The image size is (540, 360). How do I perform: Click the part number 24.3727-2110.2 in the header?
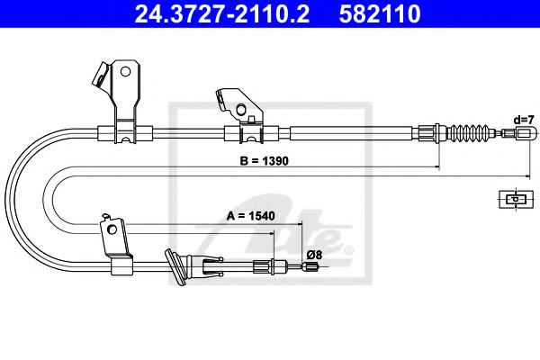coord(221,13)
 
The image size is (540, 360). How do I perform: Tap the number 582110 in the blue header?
coord(380,13)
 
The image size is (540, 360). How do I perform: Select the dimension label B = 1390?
coord(264,160)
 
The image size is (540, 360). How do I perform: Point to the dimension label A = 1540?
coord(251,216)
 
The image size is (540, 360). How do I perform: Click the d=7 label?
coord(524,120)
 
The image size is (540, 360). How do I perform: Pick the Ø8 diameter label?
coord(314,255)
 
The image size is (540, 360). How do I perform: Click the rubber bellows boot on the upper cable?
coord(471,132)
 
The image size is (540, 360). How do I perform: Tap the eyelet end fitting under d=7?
coord(526,132)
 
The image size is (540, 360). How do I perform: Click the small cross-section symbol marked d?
coord(516,199)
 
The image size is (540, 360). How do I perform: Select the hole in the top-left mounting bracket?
coord(125,72)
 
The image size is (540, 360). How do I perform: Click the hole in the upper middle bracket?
coord(241,109)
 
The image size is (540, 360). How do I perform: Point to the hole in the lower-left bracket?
coord(112,229)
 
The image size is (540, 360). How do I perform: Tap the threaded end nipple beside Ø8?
coord(311,266)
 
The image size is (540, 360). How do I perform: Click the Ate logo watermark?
coord(275,230)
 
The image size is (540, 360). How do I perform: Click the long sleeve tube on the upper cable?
coord(351,133)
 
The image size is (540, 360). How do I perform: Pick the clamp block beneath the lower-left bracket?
coord(121,266)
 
